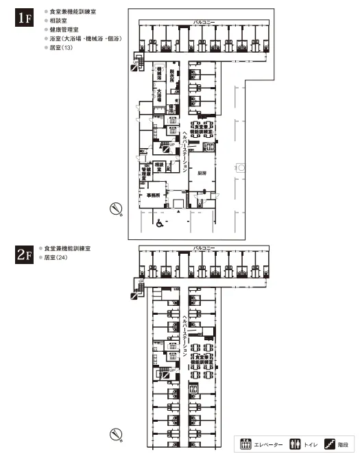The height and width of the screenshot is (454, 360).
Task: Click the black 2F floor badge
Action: coord(24,255)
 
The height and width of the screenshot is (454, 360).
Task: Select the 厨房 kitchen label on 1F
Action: coord(202,174)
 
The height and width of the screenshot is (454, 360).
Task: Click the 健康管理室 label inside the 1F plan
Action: coord(145,173)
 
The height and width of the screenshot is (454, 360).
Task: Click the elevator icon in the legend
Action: coord(246,444)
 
